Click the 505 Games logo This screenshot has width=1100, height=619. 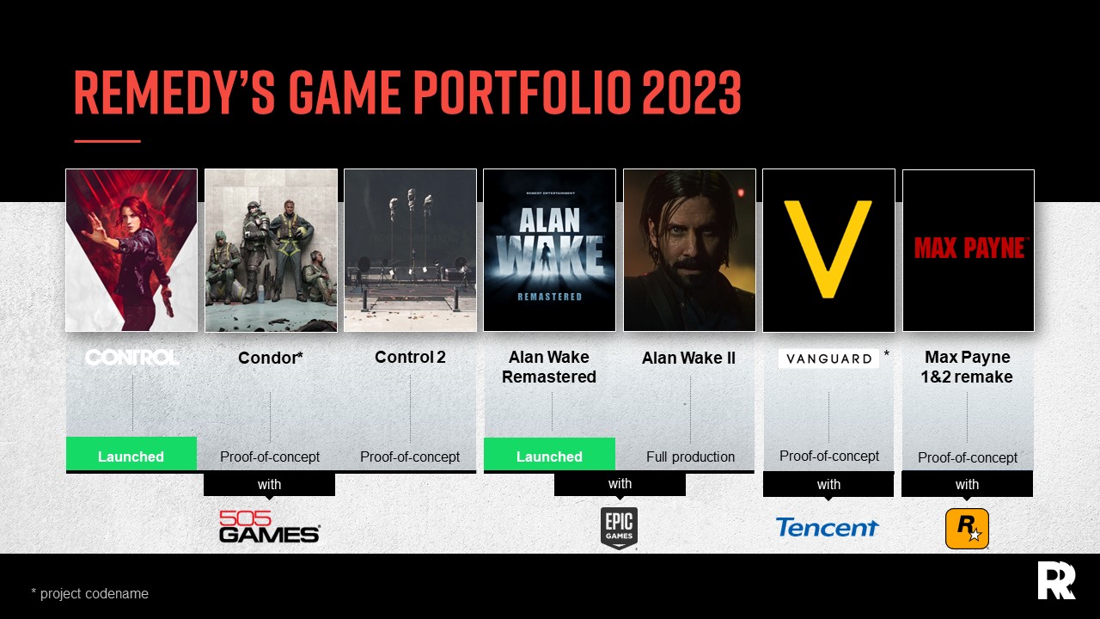pos(269,527)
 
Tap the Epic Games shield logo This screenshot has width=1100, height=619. pos(619,528)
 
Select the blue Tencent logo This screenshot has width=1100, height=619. pos(827,527)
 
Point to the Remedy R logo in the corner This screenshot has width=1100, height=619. pos(1056,580)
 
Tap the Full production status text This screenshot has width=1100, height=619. pos(690,457)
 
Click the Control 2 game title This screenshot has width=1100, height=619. pos(410,357)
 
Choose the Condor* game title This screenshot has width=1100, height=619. pos(271,358)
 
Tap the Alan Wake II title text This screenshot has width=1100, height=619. pos(688,358)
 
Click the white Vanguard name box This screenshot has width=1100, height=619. pos(828,359)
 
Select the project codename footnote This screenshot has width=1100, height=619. pos(90,593)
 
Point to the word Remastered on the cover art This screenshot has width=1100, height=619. pos(550,296)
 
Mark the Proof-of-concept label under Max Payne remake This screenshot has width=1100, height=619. pos(968,457)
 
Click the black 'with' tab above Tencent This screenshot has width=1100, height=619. pos(828,485)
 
